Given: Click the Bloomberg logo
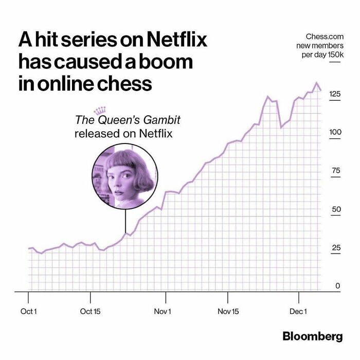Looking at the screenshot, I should click(x=312, y=336).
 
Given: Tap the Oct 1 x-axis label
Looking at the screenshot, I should click(x=28, y=312).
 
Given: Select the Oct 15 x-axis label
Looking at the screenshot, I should click(x=90, y=312).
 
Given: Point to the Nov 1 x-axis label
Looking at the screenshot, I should click(x=163, y=312).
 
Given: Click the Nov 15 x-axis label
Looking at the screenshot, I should click(x=228, y=312).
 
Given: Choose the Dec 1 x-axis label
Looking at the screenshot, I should click(x=298, y=312).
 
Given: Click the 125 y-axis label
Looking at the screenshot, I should click(x=335, y=94).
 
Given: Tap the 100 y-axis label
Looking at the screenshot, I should click(x=335, y=132).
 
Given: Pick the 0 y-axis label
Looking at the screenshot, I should click(x=338, y=286).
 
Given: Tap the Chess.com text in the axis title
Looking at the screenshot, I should click(x=324, y=37).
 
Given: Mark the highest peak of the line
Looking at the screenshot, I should click(x=317, y=83).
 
